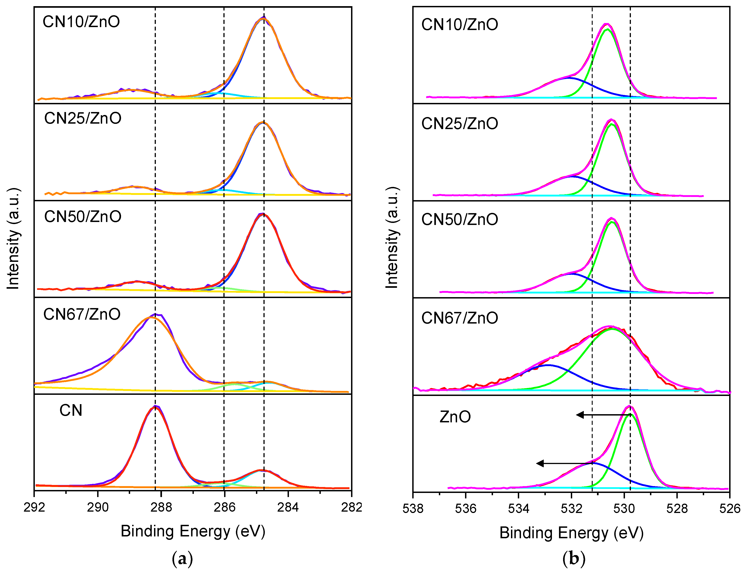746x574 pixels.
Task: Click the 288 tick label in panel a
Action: pyautogui.click(x=161, y=507)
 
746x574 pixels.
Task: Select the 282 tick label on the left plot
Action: pyautogui.click(x=351, y=507)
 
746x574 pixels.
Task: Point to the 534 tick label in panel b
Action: pyautogui.click(x=518, y=508)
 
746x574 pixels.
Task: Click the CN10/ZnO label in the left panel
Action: pyautogui.click(x=81, y=22)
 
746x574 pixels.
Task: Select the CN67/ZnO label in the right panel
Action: pyautogui.click(x=460, y=318)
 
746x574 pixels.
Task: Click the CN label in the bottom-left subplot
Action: pyautogui.click(x=71, y=410)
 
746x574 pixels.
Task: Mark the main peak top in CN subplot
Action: pyautogui.click(x=155, y=407)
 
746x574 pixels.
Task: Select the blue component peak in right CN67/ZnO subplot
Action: pyautogui.click(x=547, y=365)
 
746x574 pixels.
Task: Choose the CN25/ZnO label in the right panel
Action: pyautogui.click(x=460, y=124)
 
